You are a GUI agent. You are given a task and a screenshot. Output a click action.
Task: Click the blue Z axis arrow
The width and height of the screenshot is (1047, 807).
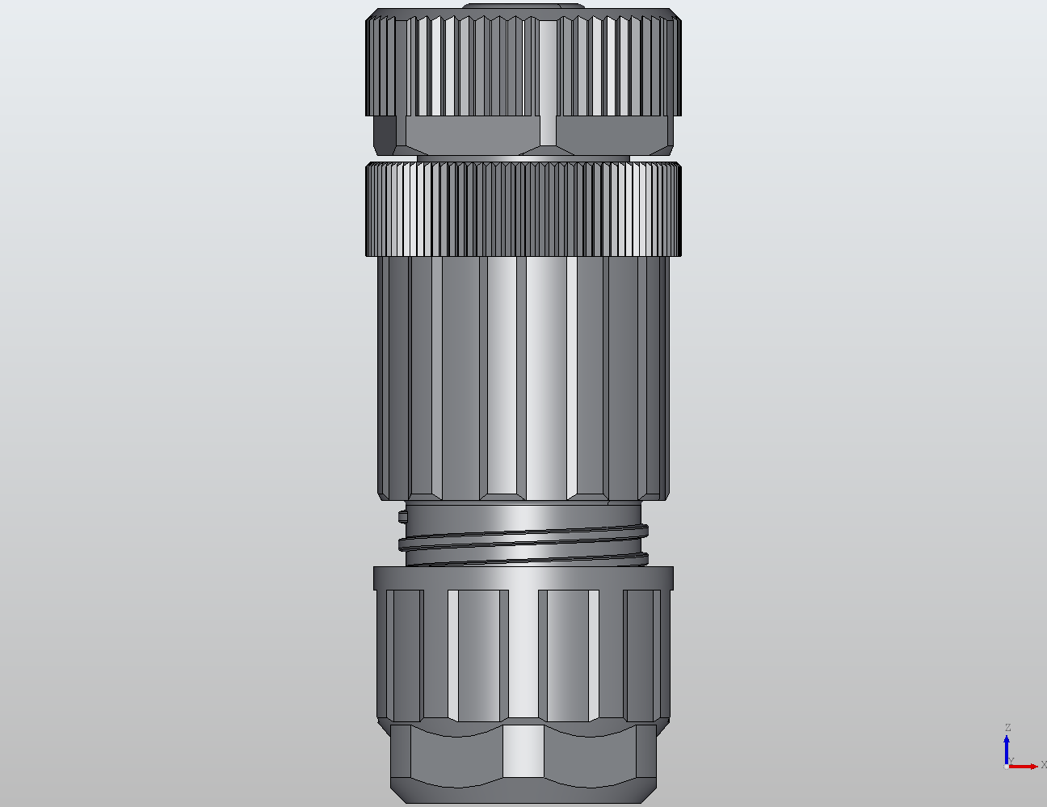point(1007,748)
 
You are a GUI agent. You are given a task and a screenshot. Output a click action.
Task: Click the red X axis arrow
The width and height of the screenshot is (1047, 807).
point(1026,766)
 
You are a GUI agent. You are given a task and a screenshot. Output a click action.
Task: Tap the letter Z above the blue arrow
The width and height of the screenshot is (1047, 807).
point(1007,728)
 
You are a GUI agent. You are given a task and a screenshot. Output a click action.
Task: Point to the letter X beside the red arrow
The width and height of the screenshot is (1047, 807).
point(1043,764)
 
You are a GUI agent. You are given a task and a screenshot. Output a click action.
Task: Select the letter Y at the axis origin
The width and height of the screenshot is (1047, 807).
point(1011,760)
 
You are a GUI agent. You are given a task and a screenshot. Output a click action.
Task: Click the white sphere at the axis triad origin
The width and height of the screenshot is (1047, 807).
point(1006,767)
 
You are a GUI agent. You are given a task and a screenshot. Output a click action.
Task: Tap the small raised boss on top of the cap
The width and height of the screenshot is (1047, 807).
point(523,7)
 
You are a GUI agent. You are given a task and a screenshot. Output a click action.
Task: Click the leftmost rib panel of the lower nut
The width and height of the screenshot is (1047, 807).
point(404,654)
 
